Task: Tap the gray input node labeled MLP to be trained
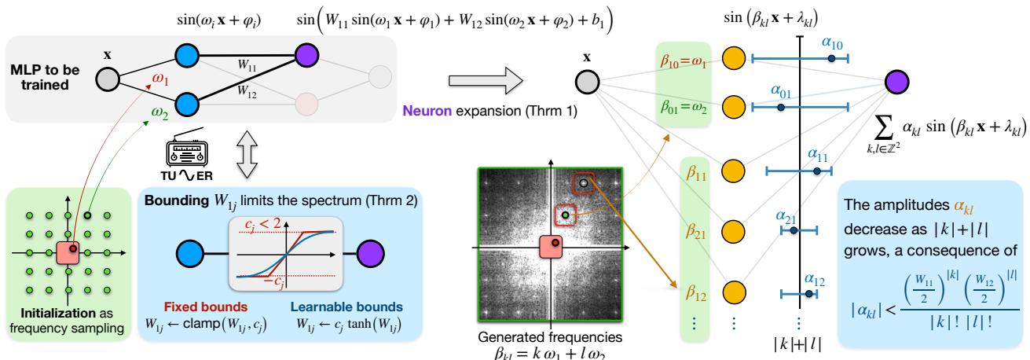(x=108, y=78)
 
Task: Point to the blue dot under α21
(x=794, y=230)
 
